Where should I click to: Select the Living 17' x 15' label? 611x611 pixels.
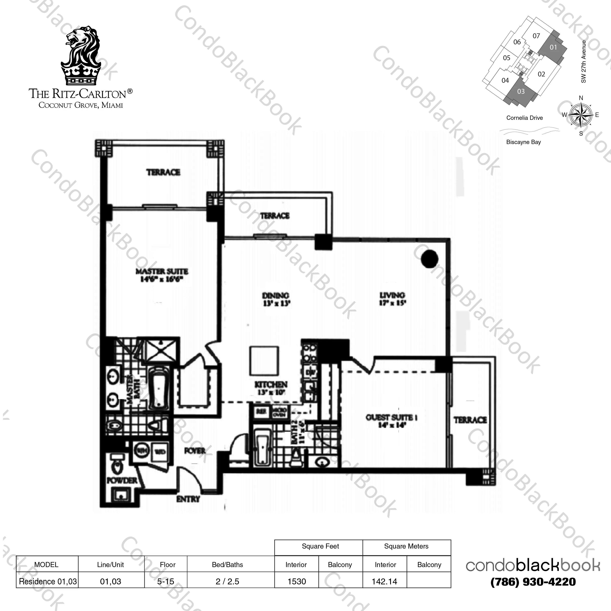point(392,299)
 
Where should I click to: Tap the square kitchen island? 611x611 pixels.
point(264,361)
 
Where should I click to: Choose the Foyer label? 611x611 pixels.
point(194,451)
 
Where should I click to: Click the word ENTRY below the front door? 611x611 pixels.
point(188,499)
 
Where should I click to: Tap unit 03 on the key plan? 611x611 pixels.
point(521,92)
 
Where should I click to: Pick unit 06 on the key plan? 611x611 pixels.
point(517,42)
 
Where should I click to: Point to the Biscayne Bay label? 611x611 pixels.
point(523,142)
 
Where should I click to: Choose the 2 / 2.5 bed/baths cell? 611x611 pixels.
point(227,582)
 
